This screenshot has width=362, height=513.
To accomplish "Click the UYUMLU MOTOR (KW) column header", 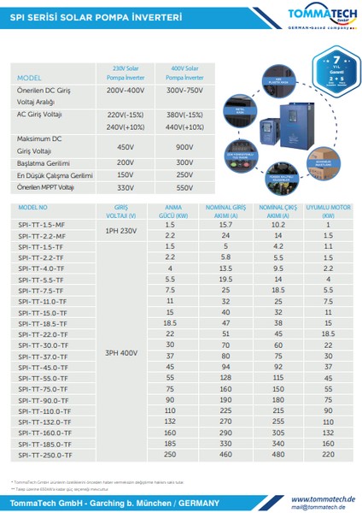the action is click(x=329, y=211).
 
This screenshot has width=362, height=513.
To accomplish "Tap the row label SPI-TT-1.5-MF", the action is click(x=41, y=225).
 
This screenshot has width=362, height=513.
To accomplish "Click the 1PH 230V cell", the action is click(x=120, y=230).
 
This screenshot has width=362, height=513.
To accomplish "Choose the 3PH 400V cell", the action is click(x=120, y=352).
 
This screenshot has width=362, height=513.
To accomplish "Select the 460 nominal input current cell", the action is click(x=226, y=454).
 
